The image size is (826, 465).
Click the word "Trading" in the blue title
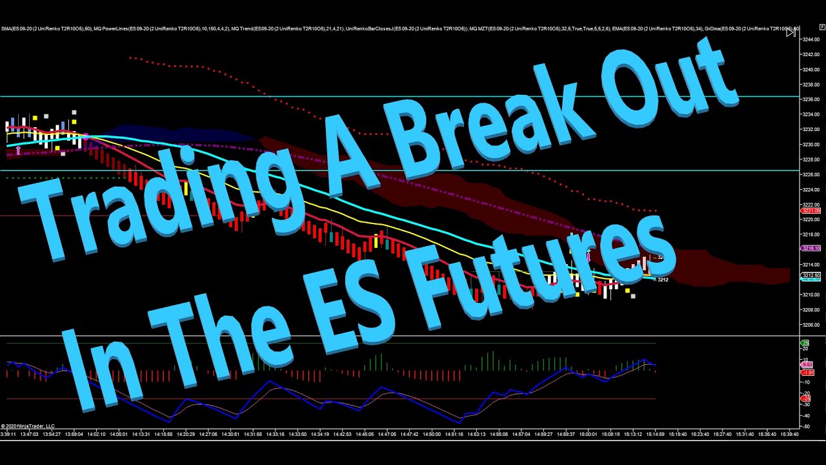click(155, 194)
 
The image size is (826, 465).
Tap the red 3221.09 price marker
click(811, 211)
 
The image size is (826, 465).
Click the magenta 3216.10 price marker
click(811, 248)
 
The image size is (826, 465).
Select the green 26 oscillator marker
click(805, 343)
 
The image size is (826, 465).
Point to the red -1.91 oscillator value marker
click(807, 373)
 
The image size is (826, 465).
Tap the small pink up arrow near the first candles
click(18, 150)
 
